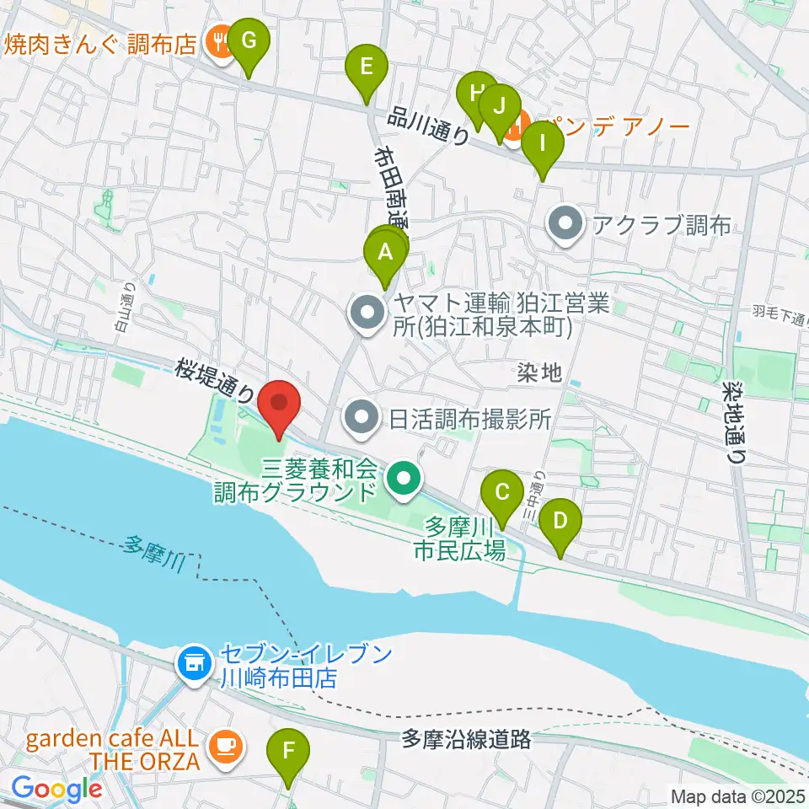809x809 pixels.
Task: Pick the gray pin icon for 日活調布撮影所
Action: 364,416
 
